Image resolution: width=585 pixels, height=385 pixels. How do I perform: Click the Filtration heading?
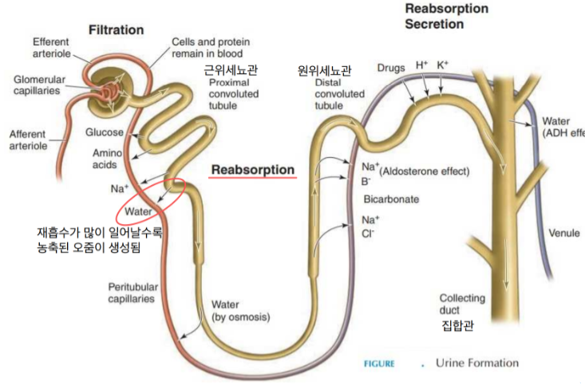tap(117, 29)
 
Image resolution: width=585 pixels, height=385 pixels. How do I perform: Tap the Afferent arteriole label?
tap(27, 139)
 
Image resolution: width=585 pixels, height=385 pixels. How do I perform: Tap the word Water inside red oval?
tap(138, 213)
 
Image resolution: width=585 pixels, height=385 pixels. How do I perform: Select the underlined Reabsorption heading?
tap(252, 170)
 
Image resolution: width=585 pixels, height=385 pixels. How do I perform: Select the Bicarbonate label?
tap(392, 198)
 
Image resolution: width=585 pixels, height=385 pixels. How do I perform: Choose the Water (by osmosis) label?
tap(239, 311)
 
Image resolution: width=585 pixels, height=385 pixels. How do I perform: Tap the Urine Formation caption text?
tap(476, 363)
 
